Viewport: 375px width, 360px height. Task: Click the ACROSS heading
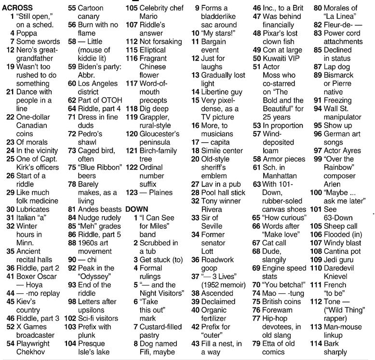click(x=17, y=8)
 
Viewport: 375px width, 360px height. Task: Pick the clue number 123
click(x=132, y=192)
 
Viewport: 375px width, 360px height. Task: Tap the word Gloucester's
click(x=159, y=133)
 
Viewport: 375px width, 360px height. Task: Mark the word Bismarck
click(x=340, y=75)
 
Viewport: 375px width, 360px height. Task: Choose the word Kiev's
click(x=26, y=301)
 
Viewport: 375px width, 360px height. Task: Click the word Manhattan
click(x=280, y=175)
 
